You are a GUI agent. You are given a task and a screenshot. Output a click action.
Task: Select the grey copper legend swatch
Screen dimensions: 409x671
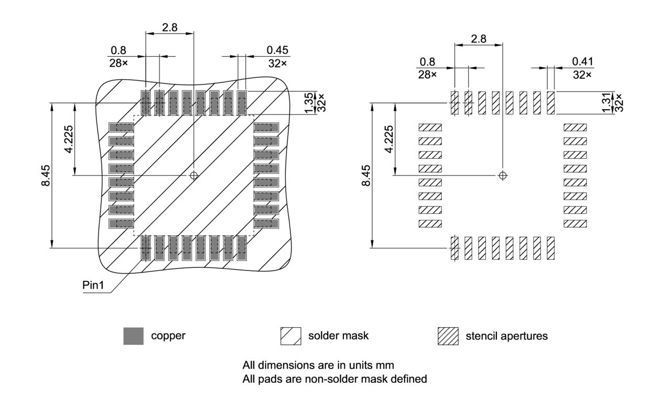click(133, 336)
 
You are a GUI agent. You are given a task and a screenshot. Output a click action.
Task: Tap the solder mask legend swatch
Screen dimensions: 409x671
click(291, 336)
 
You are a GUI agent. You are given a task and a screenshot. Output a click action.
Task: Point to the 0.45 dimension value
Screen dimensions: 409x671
click(277, 50)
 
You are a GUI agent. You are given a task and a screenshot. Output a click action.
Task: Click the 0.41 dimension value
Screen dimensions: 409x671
click(582, 61)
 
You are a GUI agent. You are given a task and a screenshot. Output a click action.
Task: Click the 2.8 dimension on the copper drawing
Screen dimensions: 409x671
click(169, 27)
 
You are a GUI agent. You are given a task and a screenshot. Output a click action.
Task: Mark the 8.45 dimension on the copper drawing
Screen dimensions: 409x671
click(47, 175)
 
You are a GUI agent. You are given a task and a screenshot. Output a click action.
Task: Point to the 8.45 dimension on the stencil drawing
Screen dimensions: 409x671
click(366, 175)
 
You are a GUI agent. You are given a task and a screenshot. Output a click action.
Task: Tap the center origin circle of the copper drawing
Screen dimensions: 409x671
click(194, 175)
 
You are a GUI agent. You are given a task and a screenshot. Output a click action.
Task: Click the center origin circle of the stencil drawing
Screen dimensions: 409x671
click(503, 175)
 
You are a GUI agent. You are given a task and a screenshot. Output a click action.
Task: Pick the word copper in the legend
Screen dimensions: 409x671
click(168, 336)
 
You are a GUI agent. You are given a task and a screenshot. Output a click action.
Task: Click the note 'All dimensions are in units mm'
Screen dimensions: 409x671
click(318, 365)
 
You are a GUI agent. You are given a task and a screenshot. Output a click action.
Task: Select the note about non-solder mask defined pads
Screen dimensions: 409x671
click(334, 378)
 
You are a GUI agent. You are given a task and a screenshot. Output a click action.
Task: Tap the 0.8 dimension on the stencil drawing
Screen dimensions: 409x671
click(427, 61)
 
